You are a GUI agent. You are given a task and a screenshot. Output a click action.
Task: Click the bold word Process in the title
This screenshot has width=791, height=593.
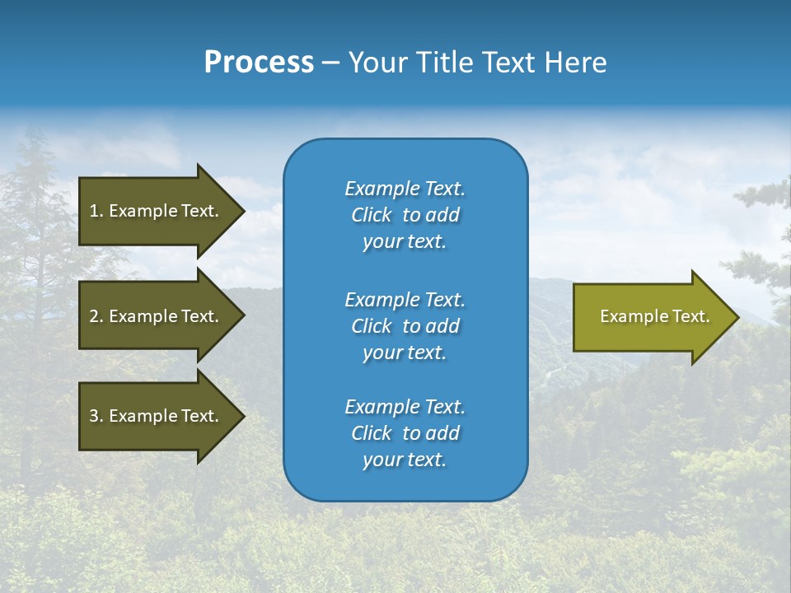point(259,63)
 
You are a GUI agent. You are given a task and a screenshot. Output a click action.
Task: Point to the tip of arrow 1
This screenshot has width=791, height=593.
point(242,211)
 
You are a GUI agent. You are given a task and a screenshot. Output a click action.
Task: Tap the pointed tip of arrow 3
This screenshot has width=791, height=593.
point(242,416)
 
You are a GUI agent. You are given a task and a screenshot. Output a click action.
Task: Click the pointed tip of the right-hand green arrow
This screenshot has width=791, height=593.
point(737,317)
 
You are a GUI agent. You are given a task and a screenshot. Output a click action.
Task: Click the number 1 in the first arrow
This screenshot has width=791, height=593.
point(94,211)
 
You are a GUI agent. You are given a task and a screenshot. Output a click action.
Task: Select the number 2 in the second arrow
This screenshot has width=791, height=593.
point(94,316)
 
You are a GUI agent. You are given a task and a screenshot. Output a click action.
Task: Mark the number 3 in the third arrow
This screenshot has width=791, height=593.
point(94,416)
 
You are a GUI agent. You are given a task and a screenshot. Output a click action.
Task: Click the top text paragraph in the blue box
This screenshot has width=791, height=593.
point(405,215)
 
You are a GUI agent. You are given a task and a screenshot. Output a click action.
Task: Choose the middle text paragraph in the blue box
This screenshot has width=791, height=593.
point(405,326)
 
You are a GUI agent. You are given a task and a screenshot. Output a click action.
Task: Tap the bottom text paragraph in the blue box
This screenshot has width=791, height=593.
point(405,433)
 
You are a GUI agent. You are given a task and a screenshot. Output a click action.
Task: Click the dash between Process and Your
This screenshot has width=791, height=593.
point(330,63)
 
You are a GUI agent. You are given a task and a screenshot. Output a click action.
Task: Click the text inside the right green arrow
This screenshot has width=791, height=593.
point(654,316)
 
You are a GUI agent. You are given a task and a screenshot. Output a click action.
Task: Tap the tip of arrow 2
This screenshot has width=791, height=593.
point(242,316)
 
